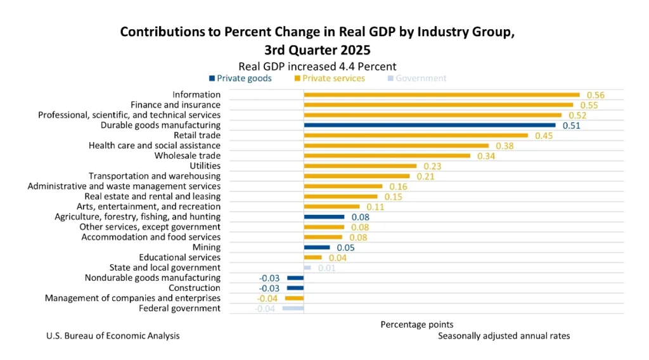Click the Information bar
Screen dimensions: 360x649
pos(442,95)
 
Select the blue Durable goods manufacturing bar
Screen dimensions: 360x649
pos(430,125)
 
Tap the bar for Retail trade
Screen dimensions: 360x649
pos(416,136)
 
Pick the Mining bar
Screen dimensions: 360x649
pos(317,247)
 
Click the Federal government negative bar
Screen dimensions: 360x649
pos(293,309)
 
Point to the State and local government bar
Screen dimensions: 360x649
pos(307,267)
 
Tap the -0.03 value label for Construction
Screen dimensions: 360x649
pos(271,288)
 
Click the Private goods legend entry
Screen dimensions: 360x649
pos(240,79)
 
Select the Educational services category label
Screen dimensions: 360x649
pos(179,257)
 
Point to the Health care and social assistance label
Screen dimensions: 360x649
pos(155,146)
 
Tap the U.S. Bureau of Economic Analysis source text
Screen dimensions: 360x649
pos(113,336)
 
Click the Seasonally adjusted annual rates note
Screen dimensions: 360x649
pos(504,336)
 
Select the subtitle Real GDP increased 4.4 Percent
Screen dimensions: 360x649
pos(317,66)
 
